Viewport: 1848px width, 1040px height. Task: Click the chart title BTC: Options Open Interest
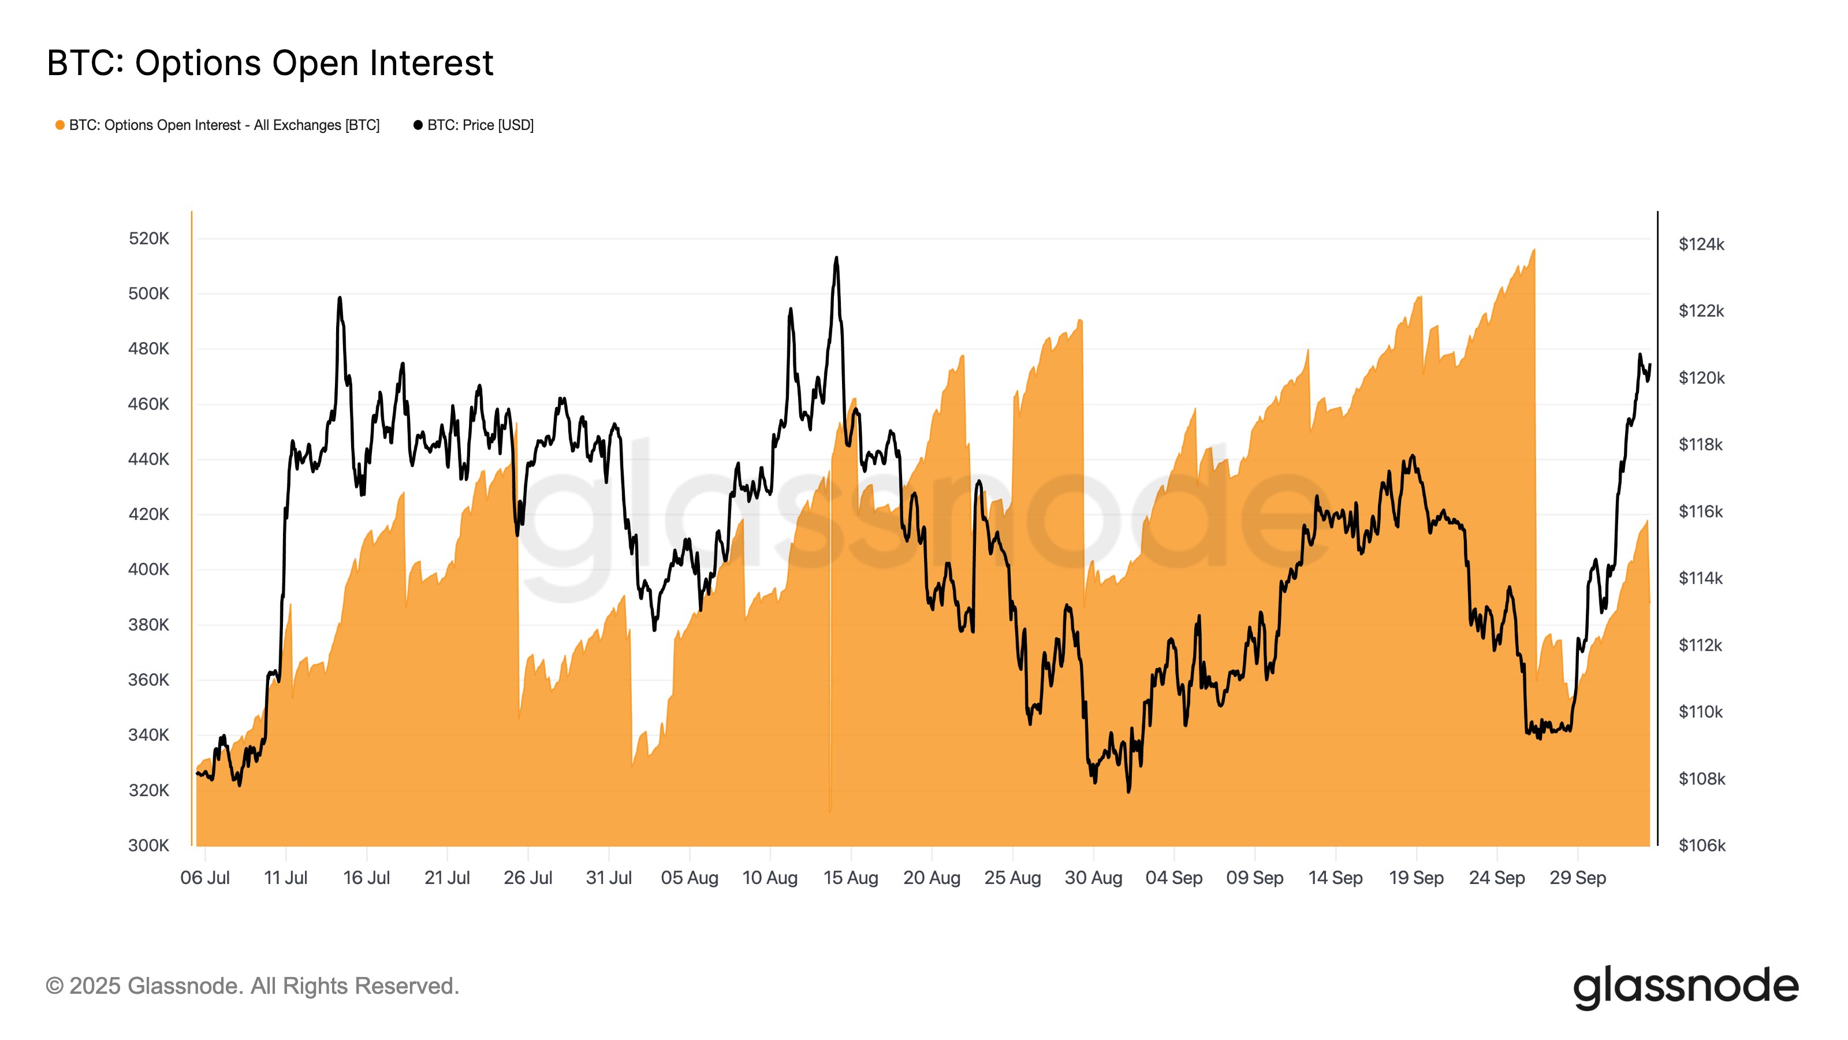point(270,63)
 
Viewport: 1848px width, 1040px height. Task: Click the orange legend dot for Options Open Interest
point(60,125)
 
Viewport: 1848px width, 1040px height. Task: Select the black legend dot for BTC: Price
point(418,125)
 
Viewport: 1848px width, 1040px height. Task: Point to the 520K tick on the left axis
point(148,238)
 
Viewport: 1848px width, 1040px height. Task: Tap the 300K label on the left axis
point(148,845)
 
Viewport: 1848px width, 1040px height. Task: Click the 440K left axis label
point(148,459)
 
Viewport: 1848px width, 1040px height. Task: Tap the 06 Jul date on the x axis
point(205,878)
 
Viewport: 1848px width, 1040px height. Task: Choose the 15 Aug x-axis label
point(851,878)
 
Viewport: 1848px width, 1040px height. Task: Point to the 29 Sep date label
point(1578,878)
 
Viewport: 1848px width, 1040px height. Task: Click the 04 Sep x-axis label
point(1173,878)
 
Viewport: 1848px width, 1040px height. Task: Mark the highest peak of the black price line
point(836,258)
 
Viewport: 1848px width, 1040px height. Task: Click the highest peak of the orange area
point(1534,251)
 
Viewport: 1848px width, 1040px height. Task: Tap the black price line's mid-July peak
point(340,298)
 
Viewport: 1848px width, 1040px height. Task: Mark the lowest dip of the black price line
point(1128,792)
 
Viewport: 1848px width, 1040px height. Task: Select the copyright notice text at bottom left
point(252,986)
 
